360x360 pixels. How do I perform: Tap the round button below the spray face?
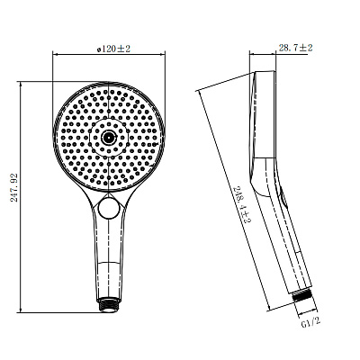[110, 210]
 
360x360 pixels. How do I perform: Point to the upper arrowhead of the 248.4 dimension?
[200, 91]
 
